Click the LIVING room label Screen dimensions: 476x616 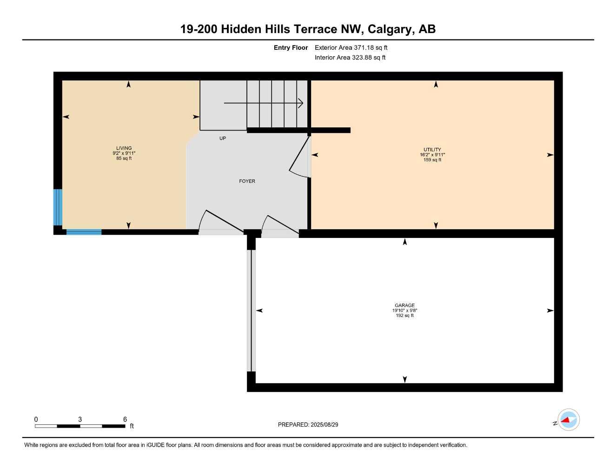point(124,148)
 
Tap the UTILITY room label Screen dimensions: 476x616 point(432,150)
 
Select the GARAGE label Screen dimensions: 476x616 point(404,305)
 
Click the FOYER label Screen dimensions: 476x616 point(247,181)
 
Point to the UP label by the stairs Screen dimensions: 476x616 point(223,139)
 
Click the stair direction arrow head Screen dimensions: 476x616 point(301,103)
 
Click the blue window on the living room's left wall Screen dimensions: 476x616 point(58,207)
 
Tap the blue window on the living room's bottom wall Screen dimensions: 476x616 point(84,232)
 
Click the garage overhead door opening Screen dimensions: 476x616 point(251,311)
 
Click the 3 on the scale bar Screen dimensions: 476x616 point(80,419)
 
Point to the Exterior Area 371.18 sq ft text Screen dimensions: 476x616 point(351,47)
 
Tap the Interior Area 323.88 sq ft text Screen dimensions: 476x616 point(350,58)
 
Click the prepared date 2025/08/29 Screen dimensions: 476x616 point(324,424)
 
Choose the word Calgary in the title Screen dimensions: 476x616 point(390,29)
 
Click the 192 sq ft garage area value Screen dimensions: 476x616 point(404,316)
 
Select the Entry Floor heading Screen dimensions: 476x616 point(291,47)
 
